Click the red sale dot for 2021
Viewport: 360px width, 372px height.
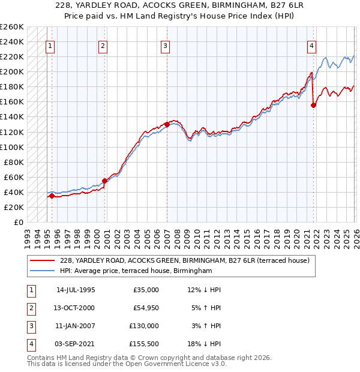(313, 105)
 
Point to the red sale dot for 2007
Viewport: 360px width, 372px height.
(166, 124)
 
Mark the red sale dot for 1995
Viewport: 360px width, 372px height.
(52, 196)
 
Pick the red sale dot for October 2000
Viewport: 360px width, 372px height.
(104, 181)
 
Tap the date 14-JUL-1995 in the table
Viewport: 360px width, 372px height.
(76, 290)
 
